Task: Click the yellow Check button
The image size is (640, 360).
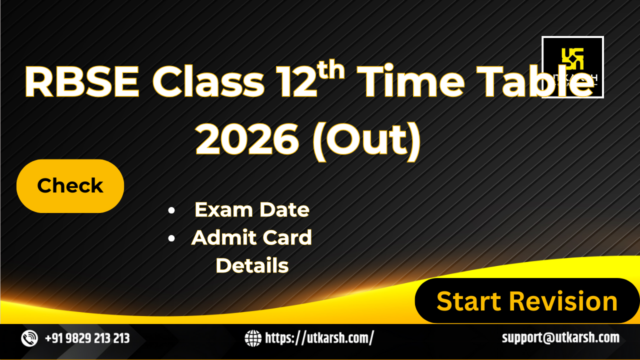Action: pos(70,186)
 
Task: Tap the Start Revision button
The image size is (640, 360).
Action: pos(527,300)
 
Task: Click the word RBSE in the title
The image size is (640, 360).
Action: pos(82,82)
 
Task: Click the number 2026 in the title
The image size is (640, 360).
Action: pos(247,139)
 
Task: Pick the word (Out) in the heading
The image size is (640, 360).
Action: pos(367,141)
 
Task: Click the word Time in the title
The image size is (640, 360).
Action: pos(410,82)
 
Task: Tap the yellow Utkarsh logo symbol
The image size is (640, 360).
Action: pos(572,58)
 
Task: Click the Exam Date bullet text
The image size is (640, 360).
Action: pos(252,210)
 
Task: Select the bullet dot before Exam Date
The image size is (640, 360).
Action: pos(171,210)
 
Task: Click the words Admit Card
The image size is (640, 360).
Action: pos(251,237)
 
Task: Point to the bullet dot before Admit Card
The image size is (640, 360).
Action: pos(171,238)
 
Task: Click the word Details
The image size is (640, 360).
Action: pos(252,265)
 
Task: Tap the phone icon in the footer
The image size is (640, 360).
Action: pos(29,338)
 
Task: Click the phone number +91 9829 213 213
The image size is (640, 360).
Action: pos(87,338)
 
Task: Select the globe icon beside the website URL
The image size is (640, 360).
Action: pos(253,338)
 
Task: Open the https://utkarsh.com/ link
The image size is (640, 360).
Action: pos(319,338)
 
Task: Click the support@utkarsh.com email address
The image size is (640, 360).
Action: pos(561,337)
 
